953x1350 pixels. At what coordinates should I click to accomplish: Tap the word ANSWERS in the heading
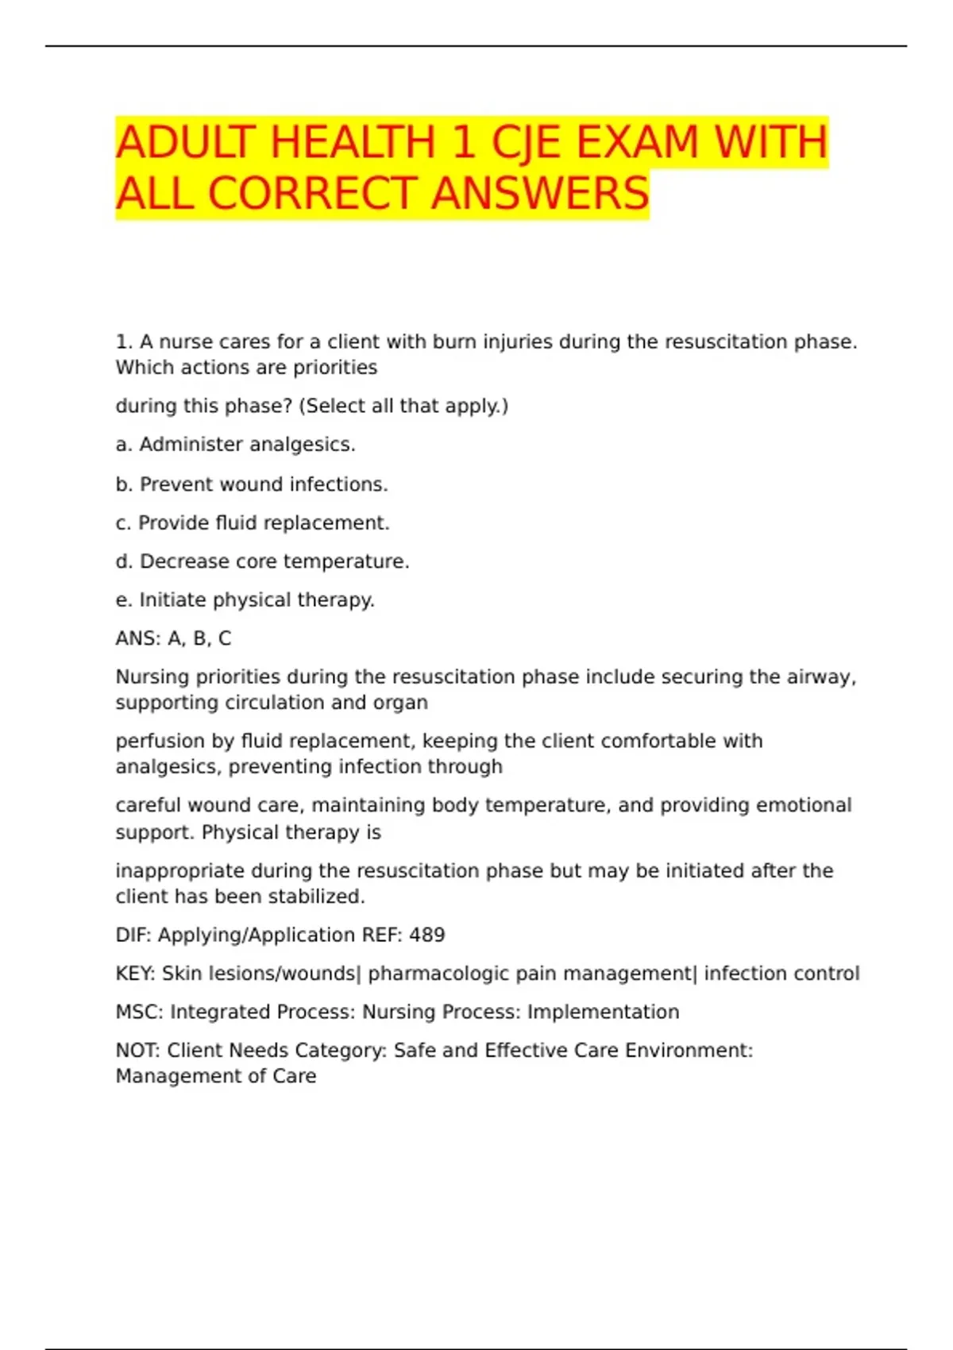click(x=540, y=194)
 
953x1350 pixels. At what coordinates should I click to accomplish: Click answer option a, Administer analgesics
click(x=235, y=445)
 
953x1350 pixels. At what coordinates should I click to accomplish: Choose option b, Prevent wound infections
click(x=252, y=484)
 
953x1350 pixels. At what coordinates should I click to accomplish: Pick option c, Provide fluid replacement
click(x=253, y=523)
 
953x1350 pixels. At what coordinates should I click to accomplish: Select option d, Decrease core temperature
click(x=262, y=561)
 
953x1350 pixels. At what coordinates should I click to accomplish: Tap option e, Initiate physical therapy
click(x=245, y=600)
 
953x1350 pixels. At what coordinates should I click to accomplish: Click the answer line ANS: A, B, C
click(x=173, y=638)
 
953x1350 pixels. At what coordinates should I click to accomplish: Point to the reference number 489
click(x=426, y=935)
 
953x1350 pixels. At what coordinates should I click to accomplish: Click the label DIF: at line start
click(x=133, y=935)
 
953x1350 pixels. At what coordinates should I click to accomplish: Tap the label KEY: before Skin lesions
click(x=135, y=974)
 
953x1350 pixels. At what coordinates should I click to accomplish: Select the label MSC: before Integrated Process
click(x=139, y=1012)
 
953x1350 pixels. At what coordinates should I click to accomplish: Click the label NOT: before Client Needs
click(x=137, y=1051)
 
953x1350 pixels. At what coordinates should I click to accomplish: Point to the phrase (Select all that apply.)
click(x=403, y=406)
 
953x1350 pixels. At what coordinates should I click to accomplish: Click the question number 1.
click(x=123, y=342)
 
